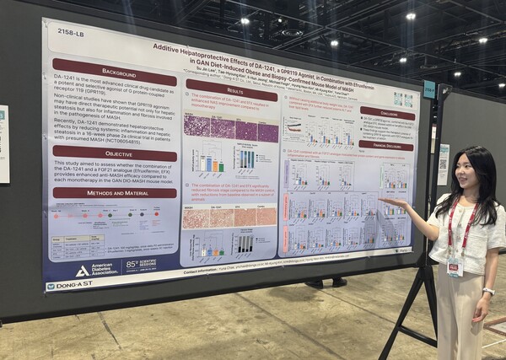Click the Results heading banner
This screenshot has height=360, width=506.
pyautogui.click(x=232, y=89)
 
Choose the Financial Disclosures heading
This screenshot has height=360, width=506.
pyautogui.click(x=386, y=145)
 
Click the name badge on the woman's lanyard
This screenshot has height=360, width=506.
pyautogui.click(x=455, y=267)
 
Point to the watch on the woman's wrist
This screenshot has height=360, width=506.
pyautogui.click(x=488, y=292)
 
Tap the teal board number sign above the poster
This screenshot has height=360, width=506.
pyautogui.click(x=429, y=89)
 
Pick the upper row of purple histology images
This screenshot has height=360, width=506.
pyautogui.click(x=231, y=128)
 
